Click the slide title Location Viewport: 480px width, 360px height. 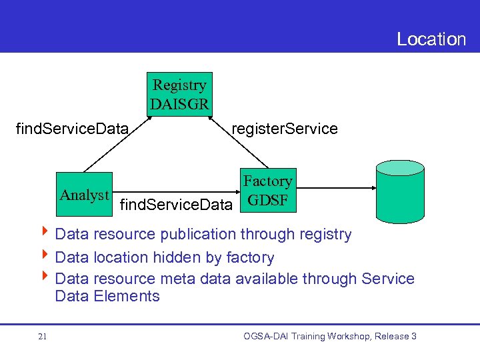pos(431,39)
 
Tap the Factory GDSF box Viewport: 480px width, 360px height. pos(267,191)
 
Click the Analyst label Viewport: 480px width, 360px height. pos(84,195)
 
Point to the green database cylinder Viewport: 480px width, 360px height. pos(400,193)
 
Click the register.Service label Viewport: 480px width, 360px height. pos(284,129)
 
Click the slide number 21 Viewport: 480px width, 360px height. pos(43,337)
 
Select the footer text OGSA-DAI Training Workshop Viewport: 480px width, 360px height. pos(329,336)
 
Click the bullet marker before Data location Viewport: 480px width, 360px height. pos(46,257)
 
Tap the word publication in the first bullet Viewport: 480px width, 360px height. pos(197,234)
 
